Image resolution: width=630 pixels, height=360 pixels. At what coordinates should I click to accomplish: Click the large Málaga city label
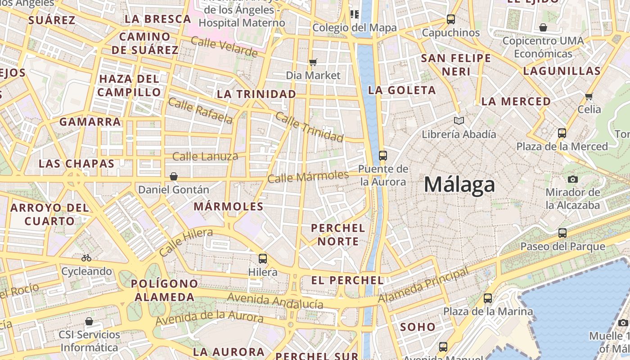pyautogui.click(x=459, y=185)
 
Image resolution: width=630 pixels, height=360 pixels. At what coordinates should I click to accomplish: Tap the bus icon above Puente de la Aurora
pyautogui.click(x=383, y=156)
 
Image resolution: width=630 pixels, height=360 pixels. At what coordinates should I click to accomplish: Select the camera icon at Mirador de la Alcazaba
pyautogui.click(x=572, y=179)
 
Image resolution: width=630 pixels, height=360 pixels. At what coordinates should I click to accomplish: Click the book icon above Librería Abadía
pyautogui.click(x=459, y=121)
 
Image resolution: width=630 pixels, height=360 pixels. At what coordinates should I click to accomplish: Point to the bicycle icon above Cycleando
pyautogui.click(x=86, y=258)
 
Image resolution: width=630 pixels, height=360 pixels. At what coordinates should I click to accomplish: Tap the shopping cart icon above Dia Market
pyautogui.click(x=313, y=62)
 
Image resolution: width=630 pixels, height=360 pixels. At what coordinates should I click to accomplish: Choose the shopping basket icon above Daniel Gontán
pyautogui.click(x=174, y=176)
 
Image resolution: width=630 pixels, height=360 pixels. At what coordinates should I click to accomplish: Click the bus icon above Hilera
pyautogui.click(x=263, y=259)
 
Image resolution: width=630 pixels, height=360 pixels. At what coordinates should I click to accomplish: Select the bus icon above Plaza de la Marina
pyautogui.click(x=488, y=298)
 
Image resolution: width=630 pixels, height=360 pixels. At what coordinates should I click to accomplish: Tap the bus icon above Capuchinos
pyautogui.click(x=451, y=19)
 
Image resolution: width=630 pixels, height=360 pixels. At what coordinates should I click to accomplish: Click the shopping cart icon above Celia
pyautogui.click(x=589, y=96)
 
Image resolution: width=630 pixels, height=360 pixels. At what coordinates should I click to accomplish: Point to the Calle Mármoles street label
pyautogui.click(x=308, y=176)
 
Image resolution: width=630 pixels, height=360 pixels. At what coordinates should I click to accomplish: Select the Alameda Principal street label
pyautogui.click(x=423, y=285)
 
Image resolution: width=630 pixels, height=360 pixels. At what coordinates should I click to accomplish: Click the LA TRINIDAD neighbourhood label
pyautogui.click(x=256, y=94)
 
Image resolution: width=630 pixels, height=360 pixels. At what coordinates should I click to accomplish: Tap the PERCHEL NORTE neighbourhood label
pyautogui.click(x=338, y=234)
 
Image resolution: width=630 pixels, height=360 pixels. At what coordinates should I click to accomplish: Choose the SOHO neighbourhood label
pyautogui.click(x=418, y=327)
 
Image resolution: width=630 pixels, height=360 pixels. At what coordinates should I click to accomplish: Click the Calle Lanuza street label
pyautogui.click(x=205, y=157)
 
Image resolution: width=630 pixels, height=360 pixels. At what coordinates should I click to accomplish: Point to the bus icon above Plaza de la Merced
pyautogui.click(x=562, y=133)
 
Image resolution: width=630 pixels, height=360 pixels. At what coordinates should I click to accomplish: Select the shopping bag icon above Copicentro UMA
pyautogui.click(x=543, y=27)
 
